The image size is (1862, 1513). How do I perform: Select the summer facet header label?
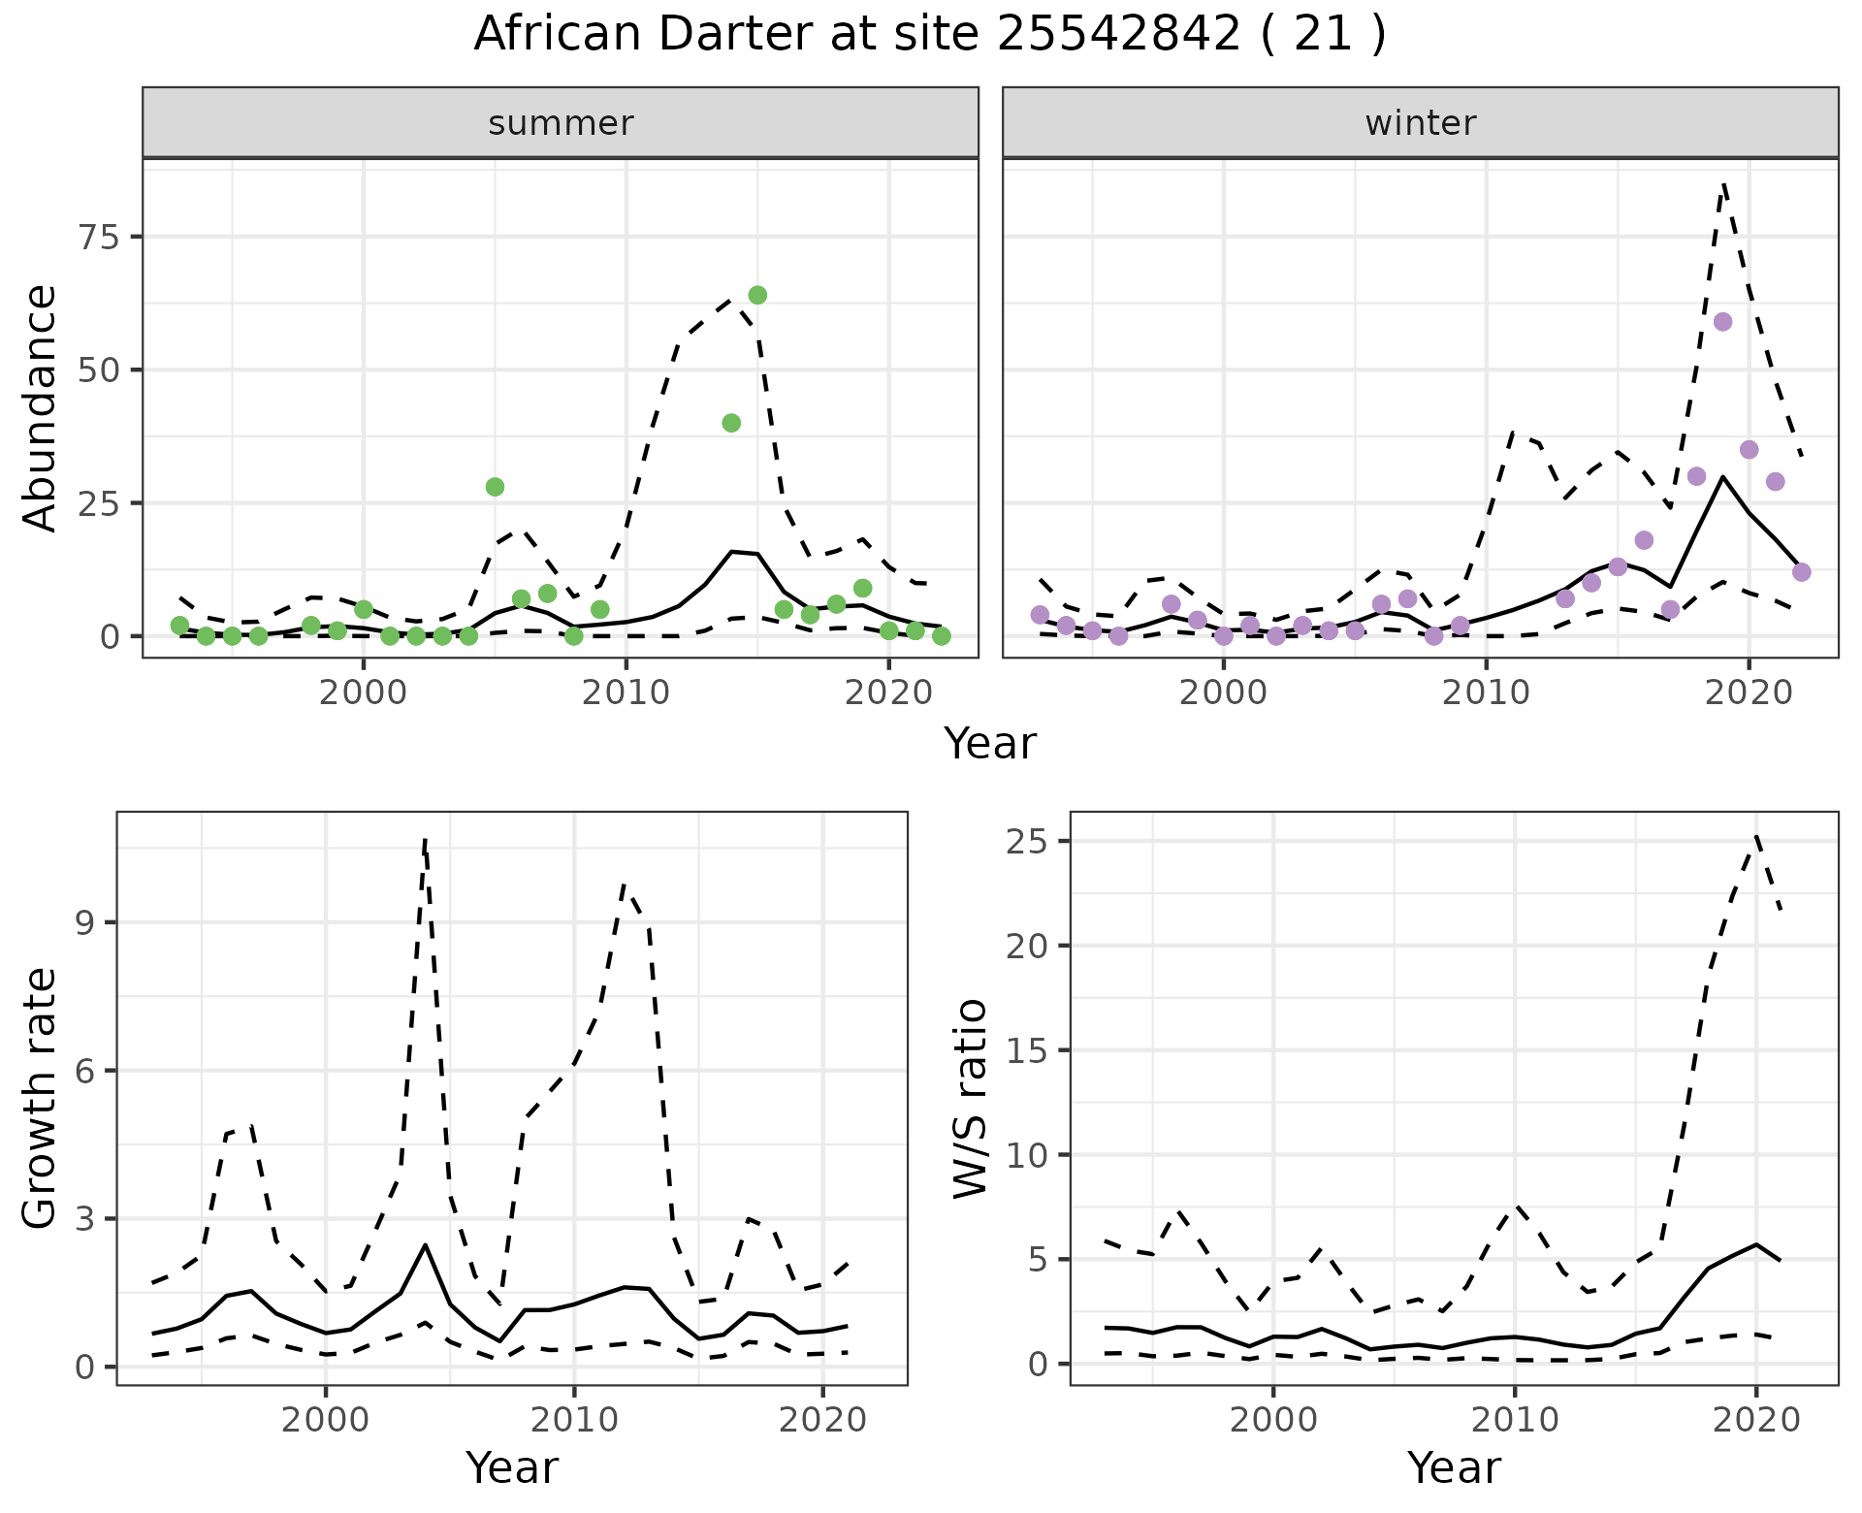coord(561,123)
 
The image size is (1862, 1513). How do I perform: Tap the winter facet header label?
coord(1420,123)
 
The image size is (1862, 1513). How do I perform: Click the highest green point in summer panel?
coord(757,295)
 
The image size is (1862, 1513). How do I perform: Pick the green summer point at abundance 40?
coord(731,423)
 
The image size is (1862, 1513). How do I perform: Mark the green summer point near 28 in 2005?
coord(495,487)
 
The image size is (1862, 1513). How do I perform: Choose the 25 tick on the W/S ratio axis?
coord(1028,841)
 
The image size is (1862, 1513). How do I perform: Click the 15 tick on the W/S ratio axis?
coord(1028,1050)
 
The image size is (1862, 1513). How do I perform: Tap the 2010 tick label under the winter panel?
coord(1486,692)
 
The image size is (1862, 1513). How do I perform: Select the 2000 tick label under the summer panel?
coord(364,692)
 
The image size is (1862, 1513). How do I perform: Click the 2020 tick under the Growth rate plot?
coord(822,1420)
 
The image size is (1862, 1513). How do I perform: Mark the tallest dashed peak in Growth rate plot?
coord(426,840)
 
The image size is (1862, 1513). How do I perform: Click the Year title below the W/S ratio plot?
coord(1454,1467)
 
